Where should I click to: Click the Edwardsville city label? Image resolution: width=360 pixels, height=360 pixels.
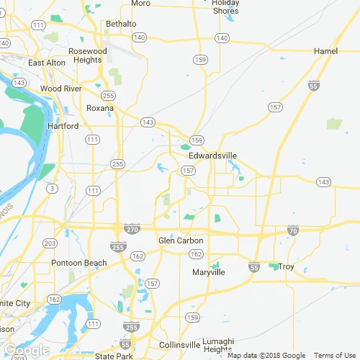[212, 155]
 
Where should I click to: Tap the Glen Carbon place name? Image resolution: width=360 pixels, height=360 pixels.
[181, 240]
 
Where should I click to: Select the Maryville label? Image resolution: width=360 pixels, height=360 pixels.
[209, 273]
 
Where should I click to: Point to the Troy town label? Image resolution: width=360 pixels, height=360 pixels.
[287, 267]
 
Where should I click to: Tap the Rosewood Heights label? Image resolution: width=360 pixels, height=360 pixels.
[87, 56]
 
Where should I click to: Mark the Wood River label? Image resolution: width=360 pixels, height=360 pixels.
[60, 89]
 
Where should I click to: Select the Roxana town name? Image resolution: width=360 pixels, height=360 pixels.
[100, 108]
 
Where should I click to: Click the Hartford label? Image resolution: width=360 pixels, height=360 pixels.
[62, 126]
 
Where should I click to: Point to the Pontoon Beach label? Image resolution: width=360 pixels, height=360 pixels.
[78, 263]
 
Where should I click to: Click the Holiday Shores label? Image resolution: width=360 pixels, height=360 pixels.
[225, 6]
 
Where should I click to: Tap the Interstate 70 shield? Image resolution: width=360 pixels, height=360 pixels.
[292, 231]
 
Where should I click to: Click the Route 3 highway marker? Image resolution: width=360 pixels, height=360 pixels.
[51, 188]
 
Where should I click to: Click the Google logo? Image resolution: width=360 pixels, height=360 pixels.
[27, 351]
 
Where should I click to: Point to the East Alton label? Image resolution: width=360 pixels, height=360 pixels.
[47, 63]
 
